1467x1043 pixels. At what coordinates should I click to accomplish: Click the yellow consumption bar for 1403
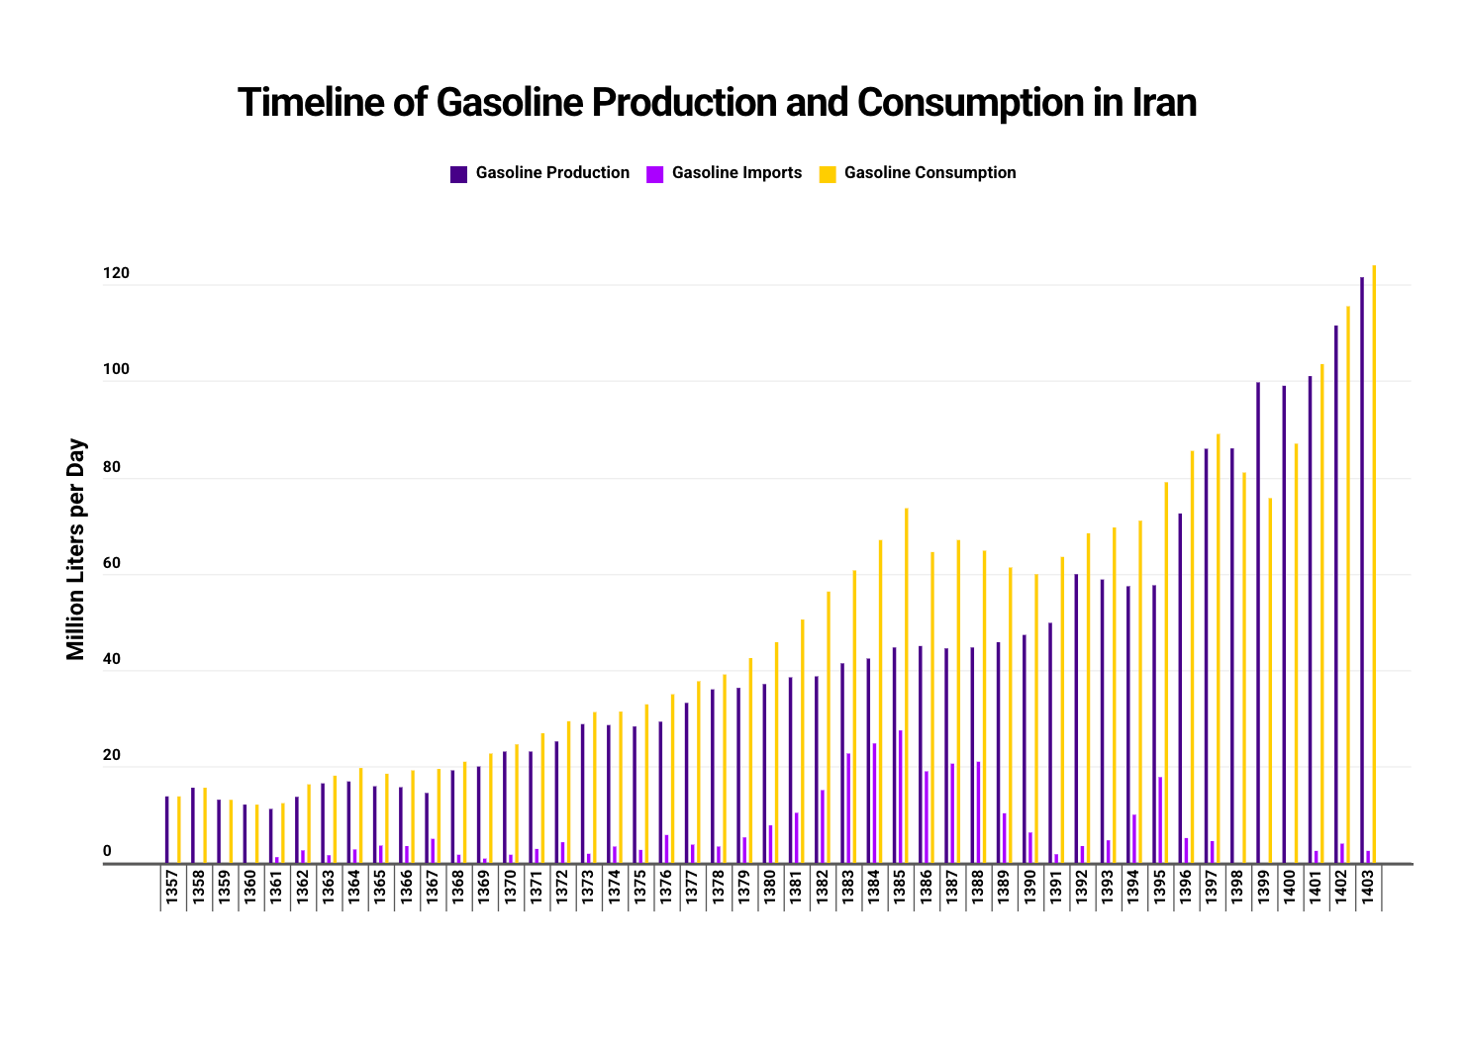click(x=1374, y=564)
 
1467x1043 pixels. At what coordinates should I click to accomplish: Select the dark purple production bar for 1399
click(x=1258, y=622)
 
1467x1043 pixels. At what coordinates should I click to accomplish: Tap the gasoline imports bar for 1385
click(x=900, y=797)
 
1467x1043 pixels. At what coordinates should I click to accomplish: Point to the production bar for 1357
click(x=167, y=829)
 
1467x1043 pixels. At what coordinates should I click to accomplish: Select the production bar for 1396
click(x=1180, y=688)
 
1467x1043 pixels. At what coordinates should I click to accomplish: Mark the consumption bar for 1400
click(x=1296, y=653)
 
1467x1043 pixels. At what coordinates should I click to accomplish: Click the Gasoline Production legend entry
click(x=551, y=173)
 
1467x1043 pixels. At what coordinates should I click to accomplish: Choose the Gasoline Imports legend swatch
click(x=654, y=174)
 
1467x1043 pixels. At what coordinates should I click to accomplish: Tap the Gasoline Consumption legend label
click(x=929, y=173)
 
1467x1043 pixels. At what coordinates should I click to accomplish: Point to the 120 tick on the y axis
click(x=116, y=274)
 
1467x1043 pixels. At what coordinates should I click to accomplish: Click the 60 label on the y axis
click(x=112, y=564)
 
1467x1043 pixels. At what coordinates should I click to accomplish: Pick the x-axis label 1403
click(x=1367, y=887)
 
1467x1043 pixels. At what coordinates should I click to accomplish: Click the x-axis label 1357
click(x=172, y=887)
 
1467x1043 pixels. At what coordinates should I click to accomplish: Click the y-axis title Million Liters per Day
click(x=76, y=549)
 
